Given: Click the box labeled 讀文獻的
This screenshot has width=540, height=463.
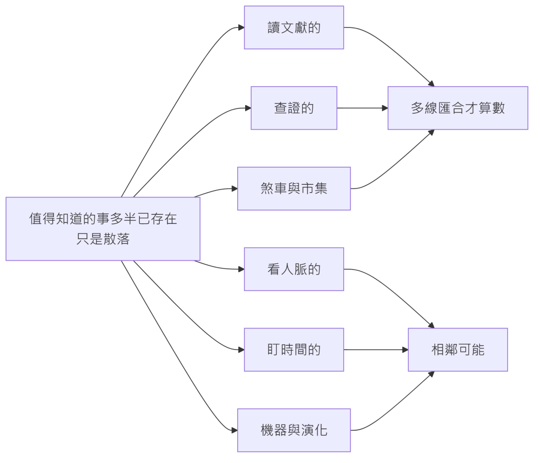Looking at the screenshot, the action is click(294, 27).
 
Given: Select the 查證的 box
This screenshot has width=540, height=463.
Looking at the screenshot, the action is click(294, 108).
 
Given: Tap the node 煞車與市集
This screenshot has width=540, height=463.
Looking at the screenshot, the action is click(294, 188).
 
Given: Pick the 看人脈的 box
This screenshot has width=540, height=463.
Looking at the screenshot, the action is click(294, 269).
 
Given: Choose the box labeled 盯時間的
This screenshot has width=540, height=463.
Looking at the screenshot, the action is click(294, 349).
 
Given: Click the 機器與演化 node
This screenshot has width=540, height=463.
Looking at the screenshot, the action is click(294, 430).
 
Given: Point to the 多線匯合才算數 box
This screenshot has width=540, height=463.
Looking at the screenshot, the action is click(458, 108).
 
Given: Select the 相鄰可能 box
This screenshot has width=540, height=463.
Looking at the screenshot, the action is click(458, 349).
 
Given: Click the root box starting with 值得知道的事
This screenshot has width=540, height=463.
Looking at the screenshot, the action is click(103, 229).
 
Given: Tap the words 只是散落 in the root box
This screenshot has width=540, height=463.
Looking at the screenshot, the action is click(103, 239).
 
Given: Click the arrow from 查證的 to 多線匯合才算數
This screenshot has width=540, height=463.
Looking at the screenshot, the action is click(362, 108).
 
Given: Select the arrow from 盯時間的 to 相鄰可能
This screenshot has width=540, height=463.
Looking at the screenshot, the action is click(375, 349).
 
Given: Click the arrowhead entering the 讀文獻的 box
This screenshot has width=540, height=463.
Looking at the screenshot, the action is click(242, 27).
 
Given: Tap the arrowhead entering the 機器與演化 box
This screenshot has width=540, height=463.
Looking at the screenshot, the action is click(235, 430).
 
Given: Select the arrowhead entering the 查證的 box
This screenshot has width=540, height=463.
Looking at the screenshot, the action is click(248, 108).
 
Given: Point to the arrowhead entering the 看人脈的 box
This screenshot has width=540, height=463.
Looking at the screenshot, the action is click(242, 269).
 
